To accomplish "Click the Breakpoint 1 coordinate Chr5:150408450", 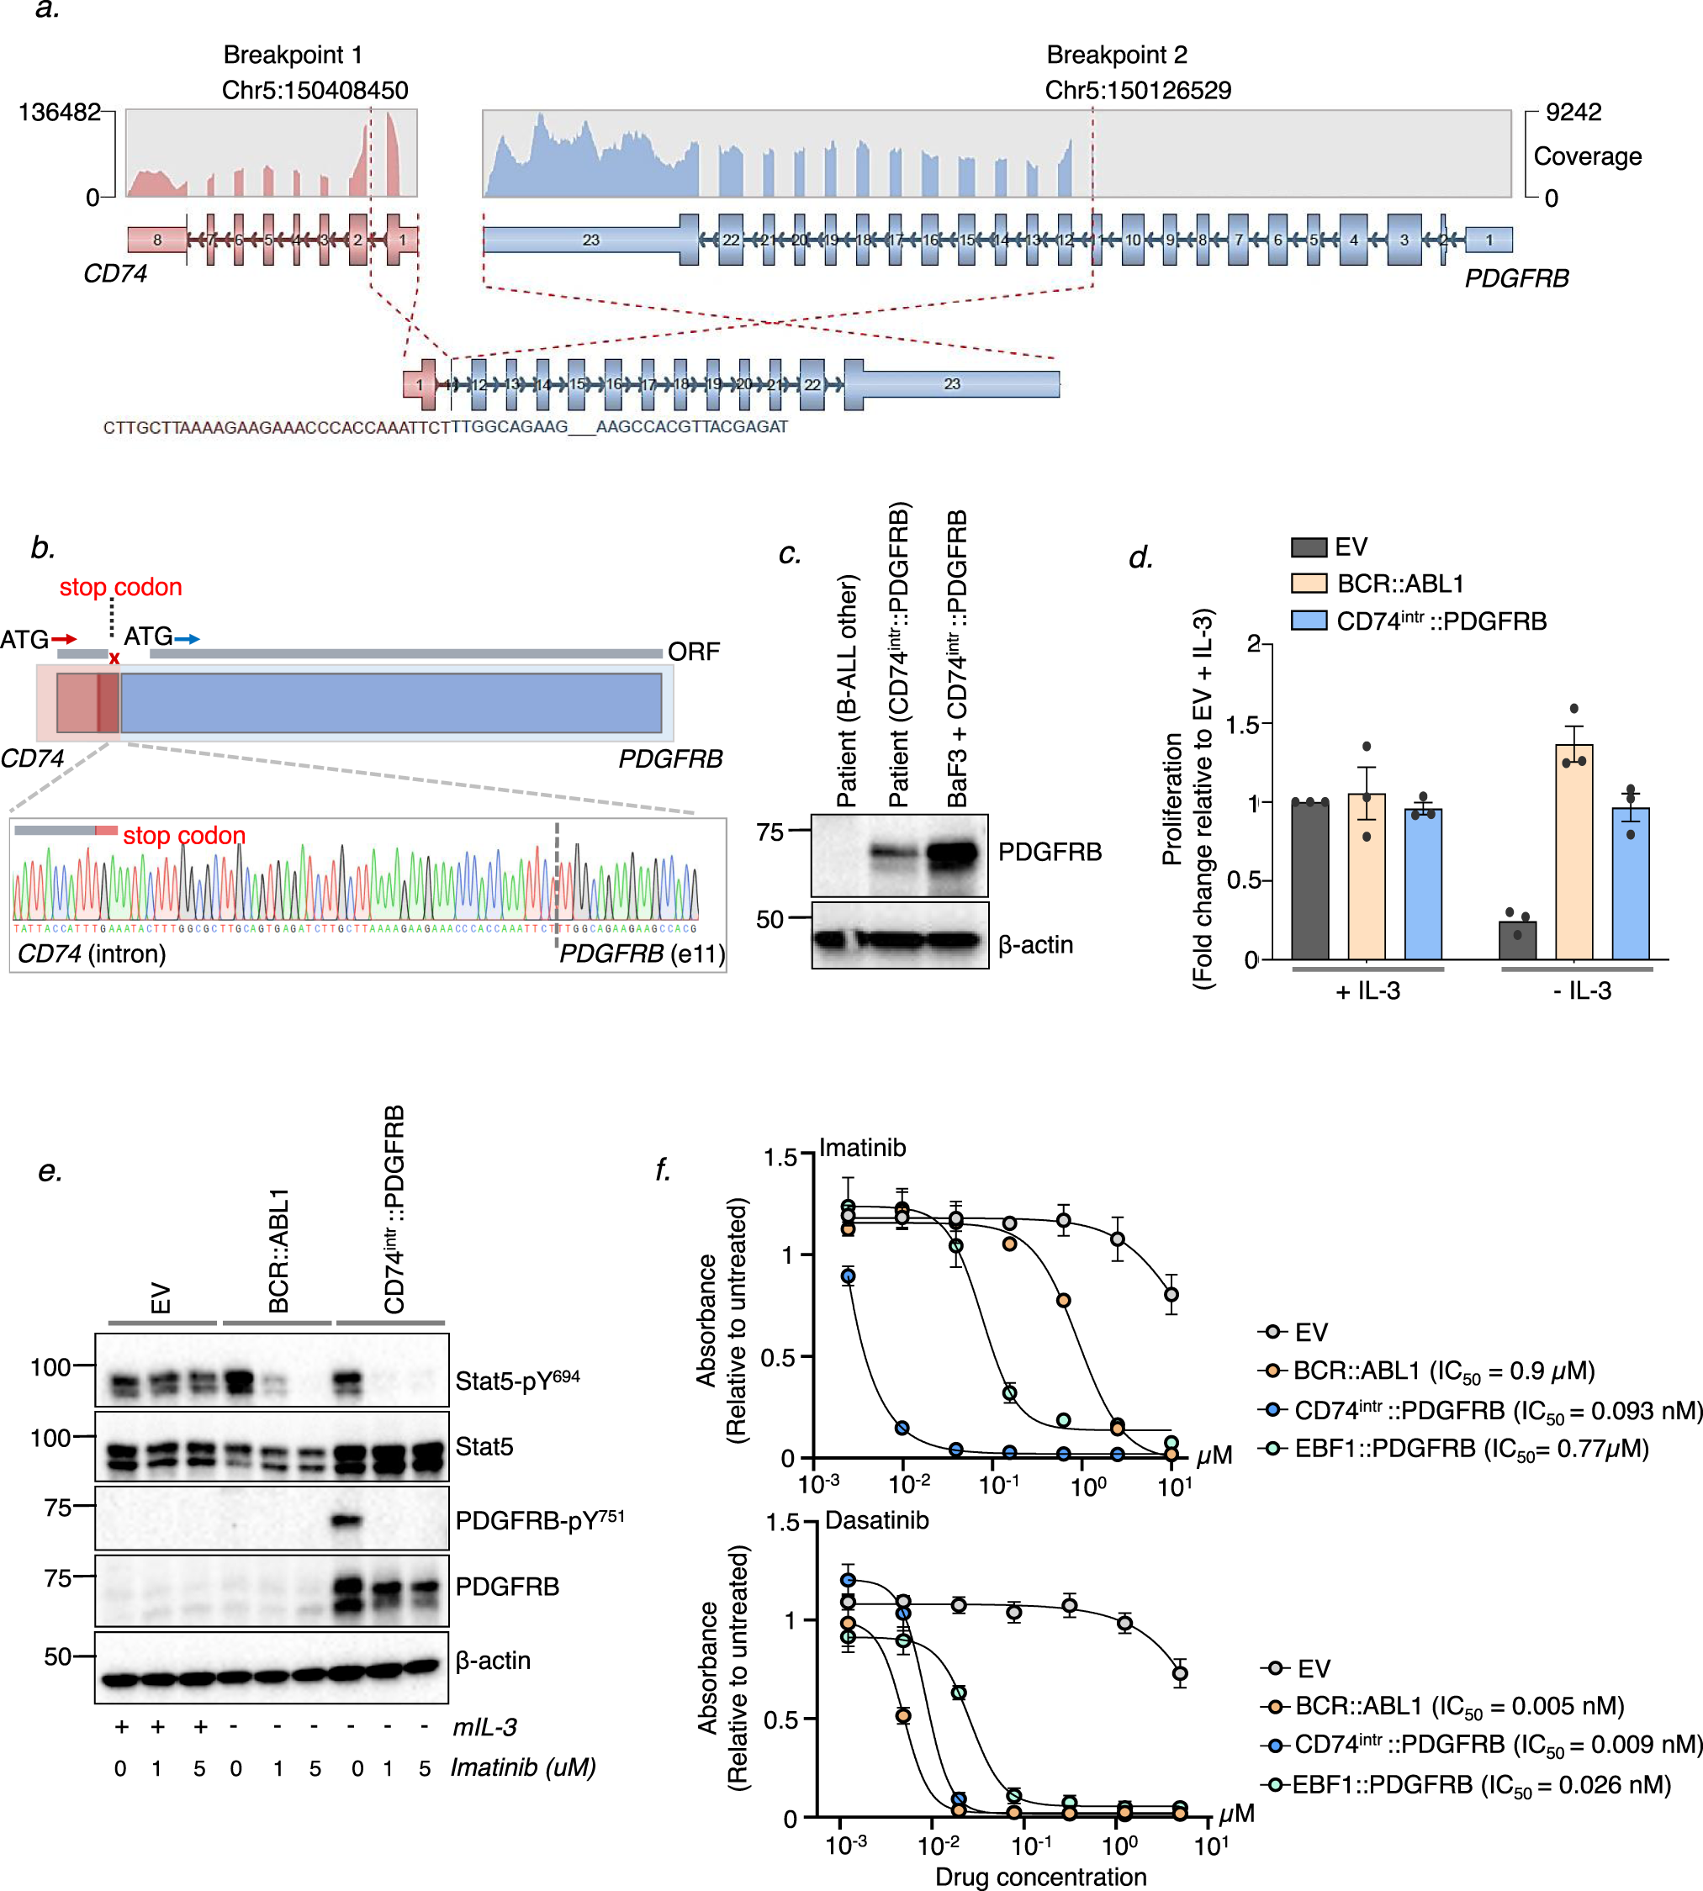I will pyautogui.click(x=315, y=90).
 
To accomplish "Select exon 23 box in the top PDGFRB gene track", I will pyautogui.click(x=590, y=240).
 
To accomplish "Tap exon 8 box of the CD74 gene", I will pyautogui.click(x=157, y=240).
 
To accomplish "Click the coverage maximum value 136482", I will pyautogui.click(x=59, y=113).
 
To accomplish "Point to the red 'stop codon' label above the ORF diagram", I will pyautogui.click(x=121, y=587).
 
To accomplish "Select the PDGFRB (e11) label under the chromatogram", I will pyautogui.click(x=642, y=953).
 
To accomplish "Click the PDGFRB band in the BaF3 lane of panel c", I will pyautogui.click(x=956, y=853).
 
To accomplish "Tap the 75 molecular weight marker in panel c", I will pyautogui.click(x=770, y=832).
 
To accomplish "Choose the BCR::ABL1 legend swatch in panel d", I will pyautogui.click(x=1308, y=583).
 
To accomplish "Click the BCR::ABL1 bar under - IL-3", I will pyautogui.click(x=1573, y=852).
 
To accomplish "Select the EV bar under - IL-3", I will pyautogui.click(x=1517, y=939).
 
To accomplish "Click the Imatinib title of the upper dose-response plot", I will pyautogui.click(x=862, y=1147).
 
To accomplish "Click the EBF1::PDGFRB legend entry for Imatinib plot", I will pyautogui.click(x=1471, y=1449).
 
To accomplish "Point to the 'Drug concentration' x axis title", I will pyautogui.click(x=1040, y=1876).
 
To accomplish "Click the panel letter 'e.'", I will pyautogui.click(x=50, y=1171).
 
